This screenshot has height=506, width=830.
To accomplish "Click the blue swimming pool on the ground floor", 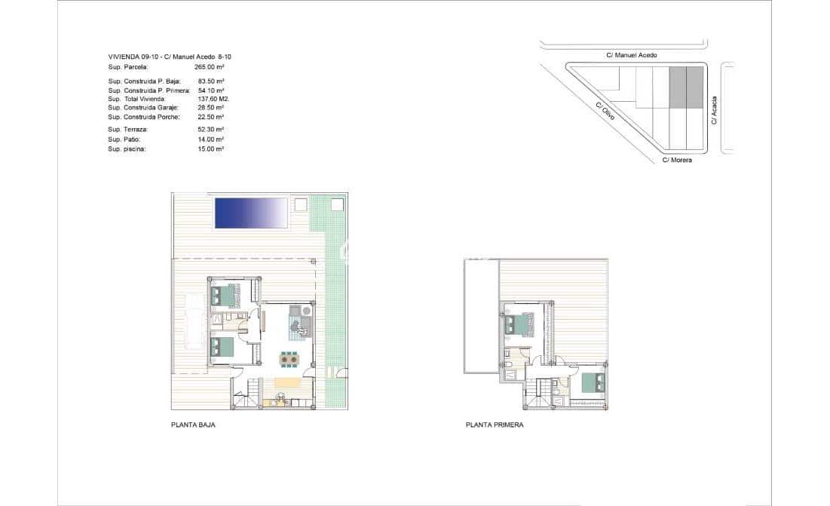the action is (x=252, y=213).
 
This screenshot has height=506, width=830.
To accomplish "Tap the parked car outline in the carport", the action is (x=194, y=322).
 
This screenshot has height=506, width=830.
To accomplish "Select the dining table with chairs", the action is (x=289, y=360).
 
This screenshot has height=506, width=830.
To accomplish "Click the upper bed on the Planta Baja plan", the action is (x=225, y=295).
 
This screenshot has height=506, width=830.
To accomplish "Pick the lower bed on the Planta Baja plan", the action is (x=222, y=348).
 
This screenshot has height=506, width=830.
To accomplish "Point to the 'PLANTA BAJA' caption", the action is (x=193, y=425).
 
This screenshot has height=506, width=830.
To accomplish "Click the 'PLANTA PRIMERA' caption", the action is (x=495, y=425).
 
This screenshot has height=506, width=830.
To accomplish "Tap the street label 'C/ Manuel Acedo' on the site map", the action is (x=632, y=55).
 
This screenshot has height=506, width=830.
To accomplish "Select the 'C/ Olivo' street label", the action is (x=605, y=111).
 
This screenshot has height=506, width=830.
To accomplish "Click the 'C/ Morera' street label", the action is (x=677, y=160).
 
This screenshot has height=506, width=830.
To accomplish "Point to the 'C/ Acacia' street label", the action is (x=714, y=110).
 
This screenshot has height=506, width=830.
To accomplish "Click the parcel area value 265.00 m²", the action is (x=209, y=67).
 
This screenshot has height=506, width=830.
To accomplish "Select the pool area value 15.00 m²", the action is (x=210, y=149).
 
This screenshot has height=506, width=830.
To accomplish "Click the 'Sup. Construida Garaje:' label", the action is (x=143, y=107).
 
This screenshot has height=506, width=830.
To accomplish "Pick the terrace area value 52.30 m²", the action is (x=210, y=130).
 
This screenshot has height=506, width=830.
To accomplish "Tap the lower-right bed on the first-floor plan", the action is (x=592, y=382).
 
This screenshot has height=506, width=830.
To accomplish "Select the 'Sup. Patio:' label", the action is (x=124, y=140).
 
